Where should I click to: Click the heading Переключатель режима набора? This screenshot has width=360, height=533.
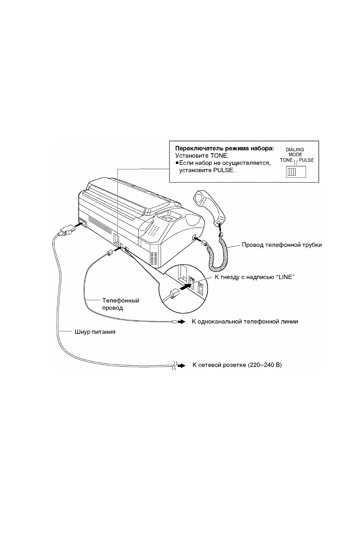225,149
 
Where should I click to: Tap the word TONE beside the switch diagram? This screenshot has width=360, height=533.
286,160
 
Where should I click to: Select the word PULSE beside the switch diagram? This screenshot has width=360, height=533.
306,160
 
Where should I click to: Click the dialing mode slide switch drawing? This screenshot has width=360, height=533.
296,172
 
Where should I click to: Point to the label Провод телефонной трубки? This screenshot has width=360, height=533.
282,245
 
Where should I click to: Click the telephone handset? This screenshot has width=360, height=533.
209,207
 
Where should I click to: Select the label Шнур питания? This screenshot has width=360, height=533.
95,332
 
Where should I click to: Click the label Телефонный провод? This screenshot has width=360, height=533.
121,304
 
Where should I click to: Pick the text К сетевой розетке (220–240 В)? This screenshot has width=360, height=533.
237,365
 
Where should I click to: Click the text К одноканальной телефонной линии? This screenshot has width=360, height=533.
245,322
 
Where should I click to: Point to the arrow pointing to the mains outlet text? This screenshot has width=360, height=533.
182,366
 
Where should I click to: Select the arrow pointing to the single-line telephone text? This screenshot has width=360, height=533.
182,322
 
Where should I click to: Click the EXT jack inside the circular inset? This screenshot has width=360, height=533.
201,289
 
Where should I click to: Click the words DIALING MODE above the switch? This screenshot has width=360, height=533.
295,152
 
